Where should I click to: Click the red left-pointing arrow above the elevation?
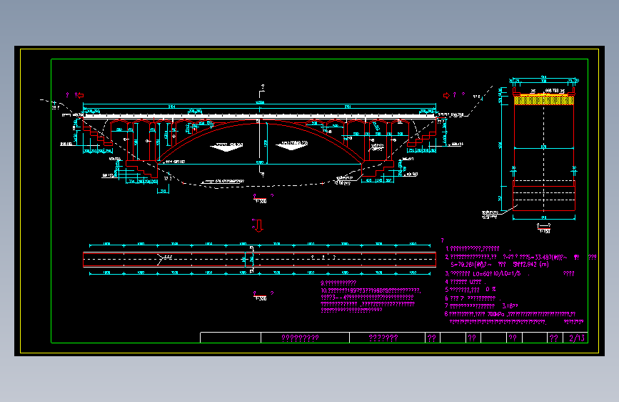[x=80, y=94]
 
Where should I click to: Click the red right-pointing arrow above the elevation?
[x=446, y=94]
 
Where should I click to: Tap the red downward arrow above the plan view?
[x=259, y=226]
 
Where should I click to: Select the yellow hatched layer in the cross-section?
[x=544, y=101]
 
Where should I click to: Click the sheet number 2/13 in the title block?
[x=576, y=338]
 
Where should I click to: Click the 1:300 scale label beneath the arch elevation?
[x=260, y=201]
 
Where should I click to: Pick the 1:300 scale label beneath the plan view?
[x=260, y=298]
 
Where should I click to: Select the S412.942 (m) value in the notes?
[x=529, y=265]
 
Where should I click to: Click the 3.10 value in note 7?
[x=510, y=305]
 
